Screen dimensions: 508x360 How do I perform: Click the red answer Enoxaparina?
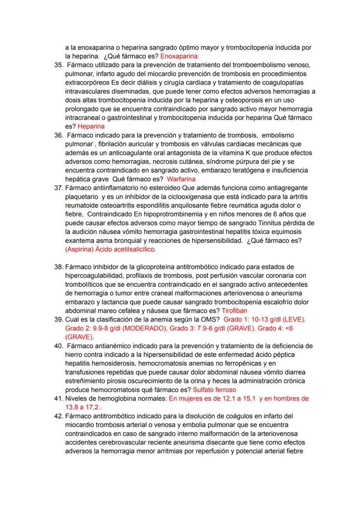pos(179,56)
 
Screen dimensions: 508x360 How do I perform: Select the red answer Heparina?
pos(91,126)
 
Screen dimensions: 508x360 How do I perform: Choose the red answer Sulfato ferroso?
pos(214,390)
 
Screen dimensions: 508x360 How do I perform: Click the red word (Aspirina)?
pos(79,250)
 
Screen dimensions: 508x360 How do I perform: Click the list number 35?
pos(59,65)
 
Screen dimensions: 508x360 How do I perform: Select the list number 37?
pos(59,188)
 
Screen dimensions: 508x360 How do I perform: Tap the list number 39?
pos(59,320)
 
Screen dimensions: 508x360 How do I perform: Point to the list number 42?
pos(59,416)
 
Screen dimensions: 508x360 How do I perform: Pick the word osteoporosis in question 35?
pos(237,100)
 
